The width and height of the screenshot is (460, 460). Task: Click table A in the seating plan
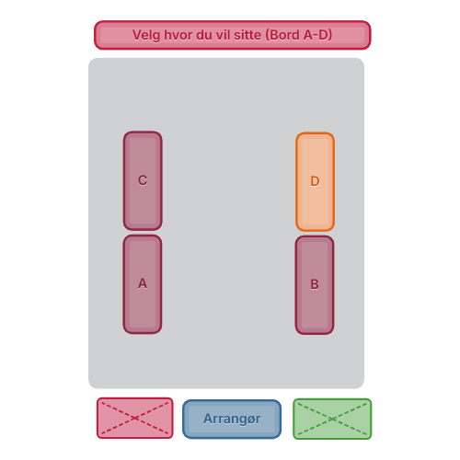coord(143,284)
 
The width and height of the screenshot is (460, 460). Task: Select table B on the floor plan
coord(315,285)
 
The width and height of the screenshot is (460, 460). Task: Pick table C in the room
coord(143,180)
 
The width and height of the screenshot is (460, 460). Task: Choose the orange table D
coord(315,181)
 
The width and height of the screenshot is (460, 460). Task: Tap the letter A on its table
coord(143,283)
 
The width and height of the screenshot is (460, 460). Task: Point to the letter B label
coord(315,284)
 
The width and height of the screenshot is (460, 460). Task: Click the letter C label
coord(143,180)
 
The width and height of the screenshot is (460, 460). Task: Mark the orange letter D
coord(315,181)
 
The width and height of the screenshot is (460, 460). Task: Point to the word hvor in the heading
coord(178,35)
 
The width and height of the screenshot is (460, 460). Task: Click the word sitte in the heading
coord(247,35)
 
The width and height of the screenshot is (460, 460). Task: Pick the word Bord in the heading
coord(284,35)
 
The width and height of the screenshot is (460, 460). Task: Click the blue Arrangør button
coord(232,420)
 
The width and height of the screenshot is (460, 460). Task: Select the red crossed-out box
coord(135,418)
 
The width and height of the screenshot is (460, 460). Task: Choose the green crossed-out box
coord(332,419)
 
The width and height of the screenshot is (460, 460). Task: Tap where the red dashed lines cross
coord(135,418)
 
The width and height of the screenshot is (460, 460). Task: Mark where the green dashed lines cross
coord(332,419)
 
